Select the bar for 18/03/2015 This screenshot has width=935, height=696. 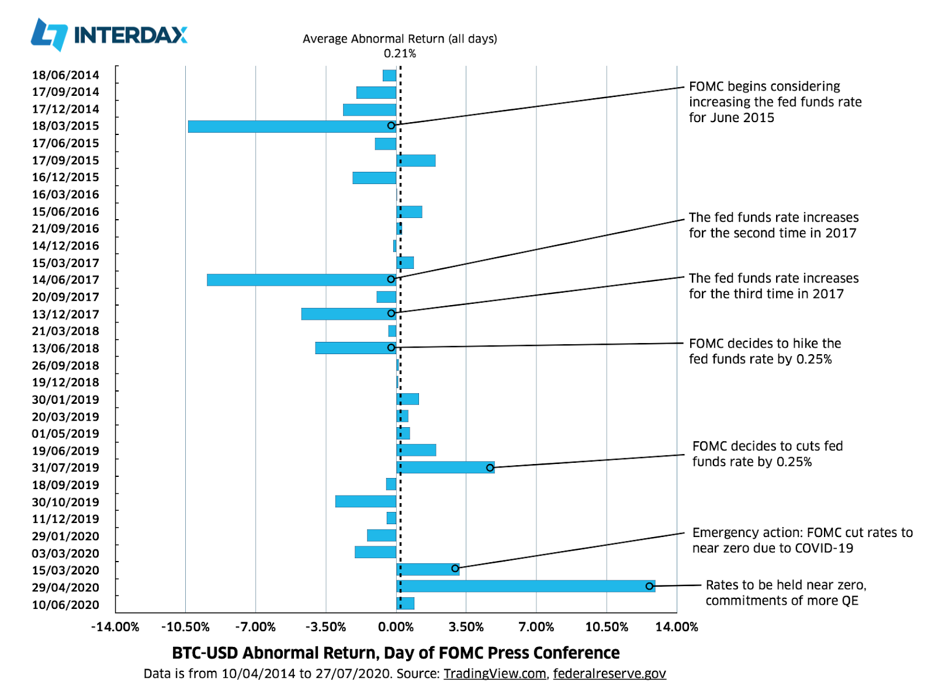point(292,126)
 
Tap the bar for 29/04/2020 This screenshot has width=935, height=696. point(525,586)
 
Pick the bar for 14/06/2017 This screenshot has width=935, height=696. point(301,280)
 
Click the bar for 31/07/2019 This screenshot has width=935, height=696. point(445,468)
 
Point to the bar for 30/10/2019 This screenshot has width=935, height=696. point(366,501)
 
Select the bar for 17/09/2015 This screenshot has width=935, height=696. point(416,161)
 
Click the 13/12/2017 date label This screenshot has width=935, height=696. point(65,314)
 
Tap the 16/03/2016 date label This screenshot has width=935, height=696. point(65,195)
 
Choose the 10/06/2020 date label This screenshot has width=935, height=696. point(65,605)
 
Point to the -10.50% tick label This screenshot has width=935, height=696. point(185,627)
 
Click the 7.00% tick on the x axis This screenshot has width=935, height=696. point(536,627)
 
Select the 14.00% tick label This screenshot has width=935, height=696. point(677,627)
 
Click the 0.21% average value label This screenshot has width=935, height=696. point(400,54)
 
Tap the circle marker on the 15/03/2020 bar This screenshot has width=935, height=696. point(455,569)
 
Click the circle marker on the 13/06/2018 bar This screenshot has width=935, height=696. point(391,348)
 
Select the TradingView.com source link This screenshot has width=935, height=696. point(494,674)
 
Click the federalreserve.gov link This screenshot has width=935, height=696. point(610,674)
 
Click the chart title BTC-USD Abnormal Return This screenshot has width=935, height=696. point(396,653)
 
